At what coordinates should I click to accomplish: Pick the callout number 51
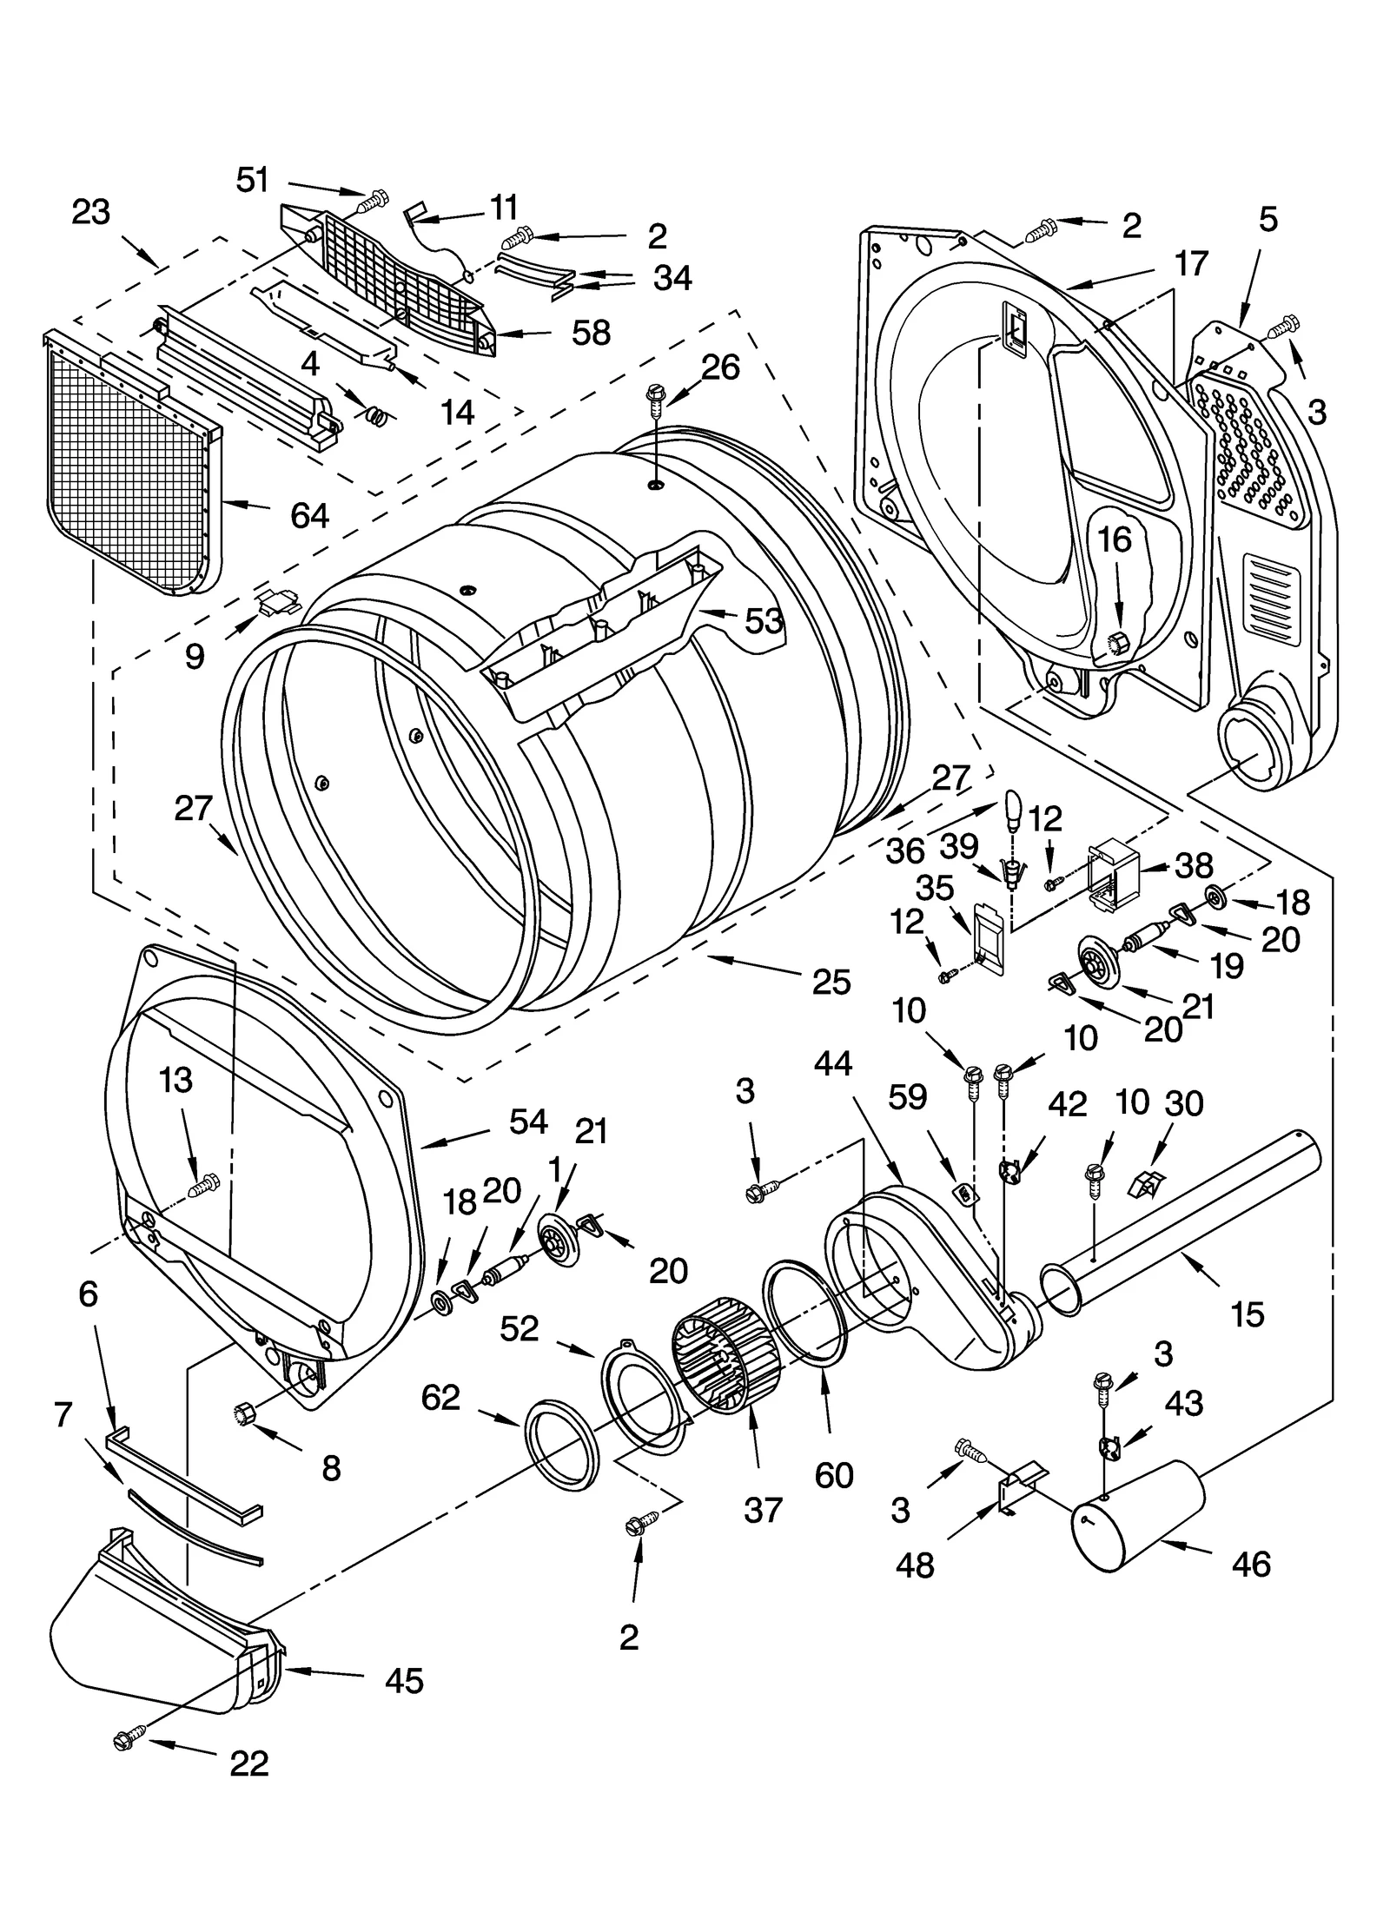coord(253,180)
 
